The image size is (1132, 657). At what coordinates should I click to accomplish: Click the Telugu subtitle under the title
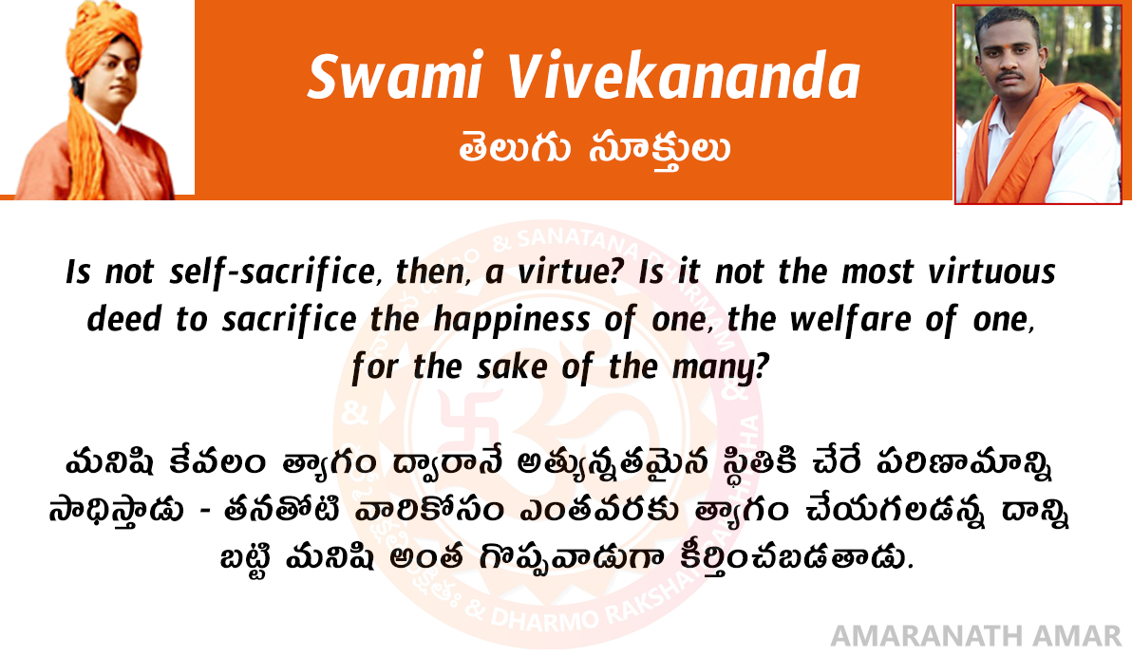594,149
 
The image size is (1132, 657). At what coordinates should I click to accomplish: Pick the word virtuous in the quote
991,272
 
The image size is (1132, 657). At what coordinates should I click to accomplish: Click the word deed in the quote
123,319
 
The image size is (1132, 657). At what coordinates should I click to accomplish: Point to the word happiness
511,321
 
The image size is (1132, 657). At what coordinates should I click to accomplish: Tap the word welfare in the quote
851,320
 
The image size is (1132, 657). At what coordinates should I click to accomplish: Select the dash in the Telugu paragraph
204,512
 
